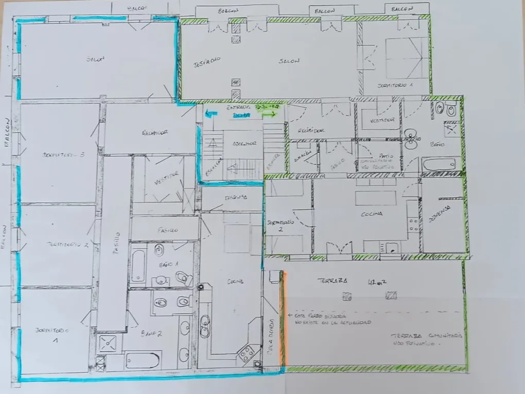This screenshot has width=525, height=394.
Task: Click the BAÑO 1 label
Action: pyautogui.click(x=167, y=264)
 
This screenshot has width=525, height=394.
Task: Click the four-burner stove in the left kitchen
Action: pyautogui.click(x=246, y=353)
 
